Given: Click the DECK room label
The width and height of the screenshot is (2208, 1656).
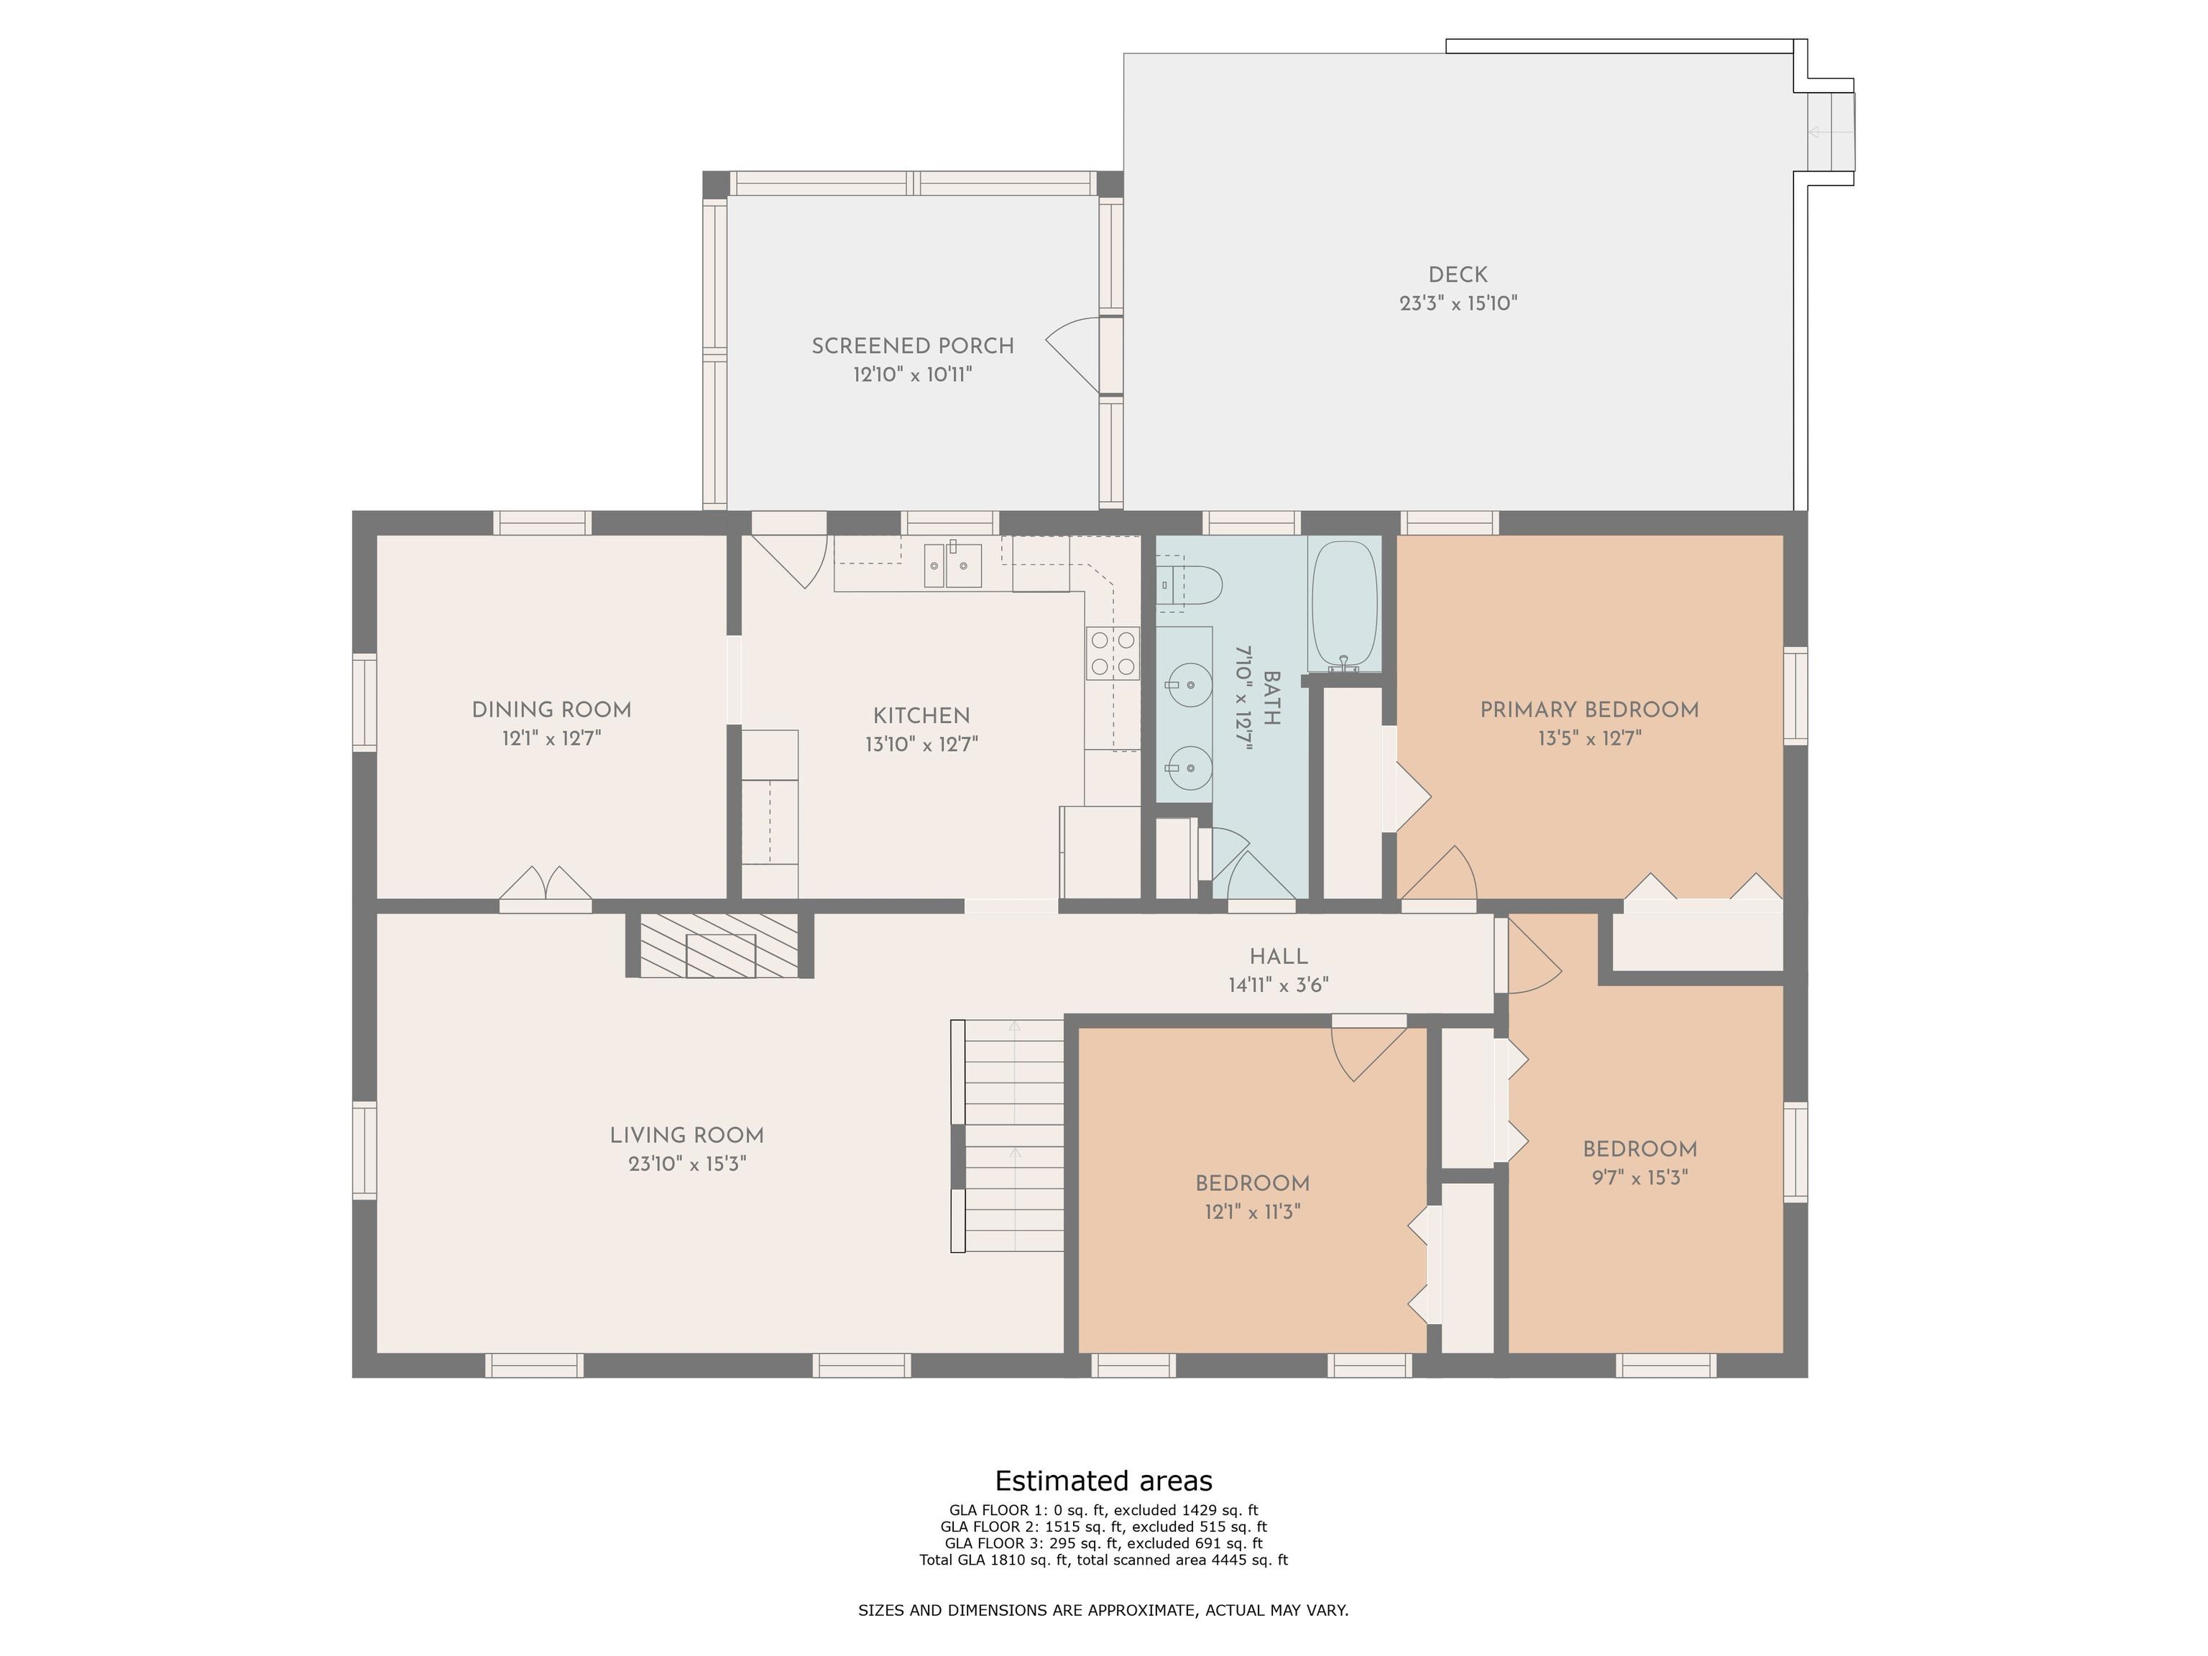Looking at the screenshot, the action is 1458,275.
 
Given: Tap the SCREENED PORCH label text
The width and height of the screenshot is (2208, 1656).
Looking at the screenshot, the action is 912,346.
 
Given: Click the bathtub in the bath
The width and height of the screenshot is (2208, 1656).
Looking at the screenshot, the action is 1345,604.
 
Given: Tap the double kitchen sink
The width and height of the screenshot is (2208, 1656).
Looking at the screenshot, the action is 952,565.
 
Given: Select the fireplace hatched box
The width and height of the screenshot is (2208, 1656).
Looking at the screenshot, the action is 719,945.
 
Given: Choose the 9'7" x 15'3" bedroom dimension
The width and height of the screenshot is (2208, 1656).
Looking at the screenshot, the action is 1640,1178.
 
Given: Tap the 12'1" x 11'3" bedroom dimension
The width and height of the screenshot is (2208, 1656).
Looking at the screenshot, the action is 1253,1212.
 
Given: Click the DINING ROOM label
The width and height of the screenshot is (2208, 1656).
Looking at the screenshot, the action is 551,709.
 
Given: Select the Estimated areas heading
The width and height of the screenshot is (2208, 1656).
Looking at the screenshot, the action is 1104,1481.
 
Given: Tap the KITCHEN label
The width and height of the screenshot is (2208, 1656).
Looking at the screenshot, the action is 921,716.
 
